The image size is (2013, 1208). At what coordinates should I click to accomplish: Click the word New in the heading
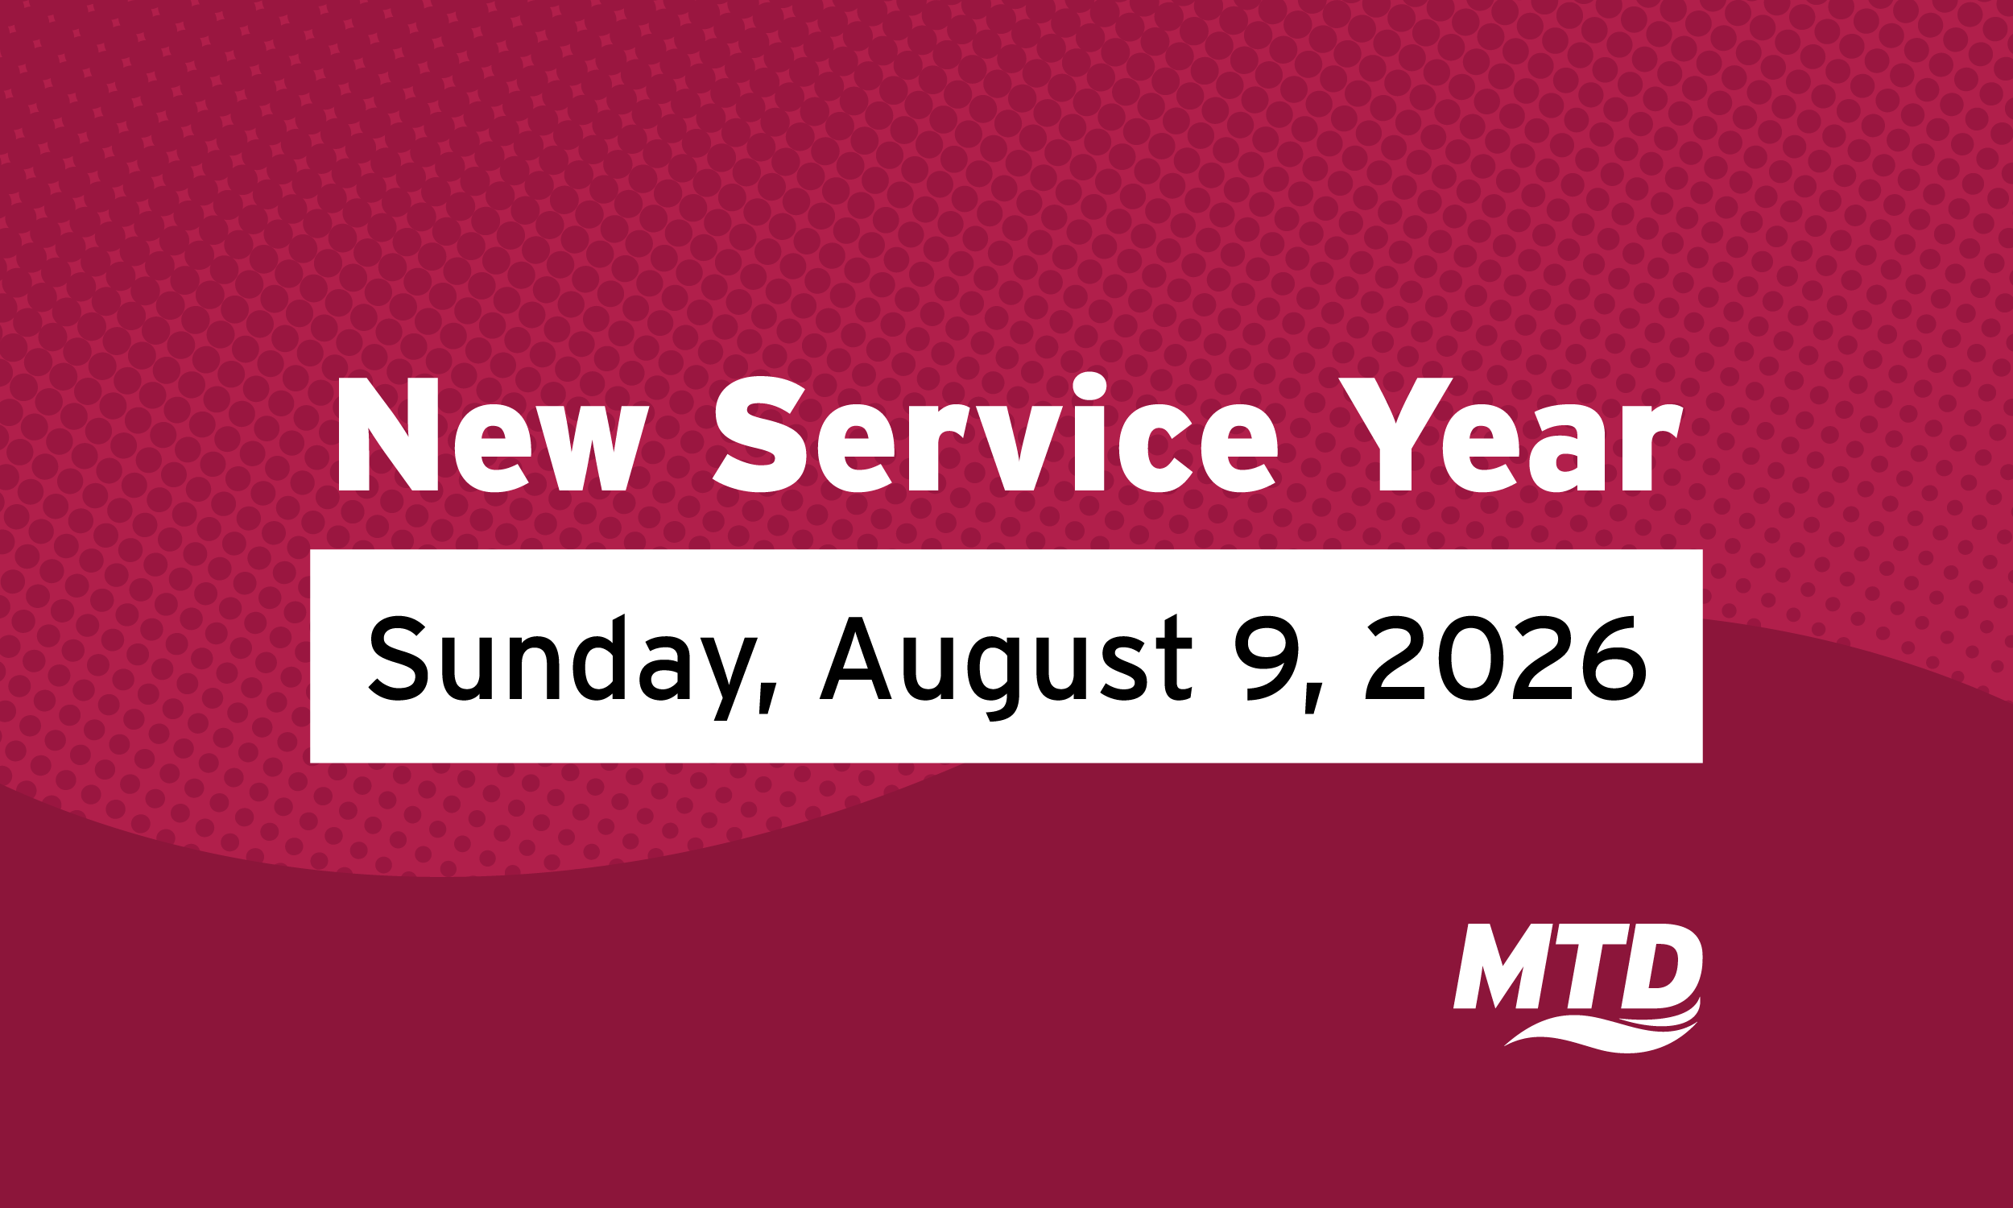[x=492, y=436]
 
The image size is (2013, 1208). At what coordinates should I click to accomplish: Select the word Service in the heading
[x=995, y=433]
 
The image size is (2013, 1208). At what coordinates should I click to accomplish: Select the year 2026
[x=1505, y=658]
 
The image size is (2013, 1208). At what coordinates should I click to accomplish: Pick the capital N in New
[x=388, y=436]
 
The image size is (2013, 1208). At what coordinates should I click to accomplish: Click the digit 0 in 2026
[x=1469, y=658]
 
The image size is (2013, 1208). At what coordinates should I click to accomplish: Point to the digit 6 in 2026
[x=1614, y=658]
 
